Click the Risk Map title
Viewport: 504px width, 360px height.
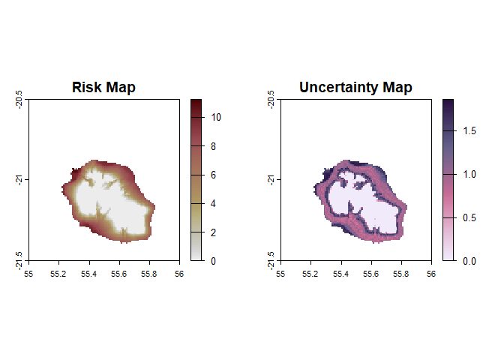[103, 87]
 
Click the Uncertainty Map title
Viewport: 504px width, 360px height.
[355, 87]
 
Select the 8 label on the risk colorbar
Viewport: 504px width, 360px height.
[214, 146]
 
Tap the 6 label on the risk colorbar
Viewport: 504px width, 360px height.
[214, 175]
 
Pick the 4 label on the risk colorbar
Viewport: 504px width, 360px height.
[214, 203]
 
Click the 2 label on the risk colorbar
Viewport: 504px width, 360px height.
[214, 232]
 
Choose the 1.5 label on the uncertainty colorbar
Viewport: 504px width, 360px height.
[469, 131]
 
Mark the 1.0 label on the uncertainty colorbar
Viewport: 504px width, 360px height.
[469, 175]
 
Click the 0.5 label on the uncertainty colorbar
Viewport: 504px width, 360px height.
[469, 218]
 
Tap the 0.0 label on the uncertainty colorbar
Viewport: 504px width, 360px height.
[469, 261]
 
